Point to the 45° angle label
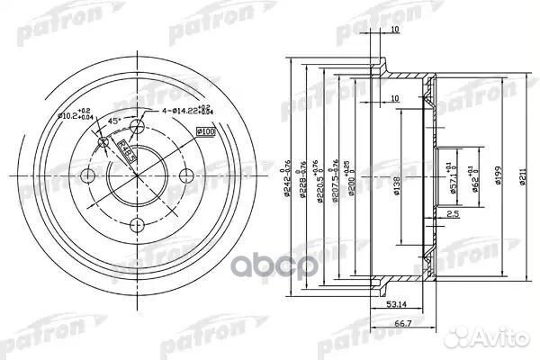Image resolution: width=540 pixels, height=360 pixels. (x=115, y=121)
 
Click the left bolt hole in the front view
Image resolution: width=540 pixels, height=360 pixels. (x=88, y=175)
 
